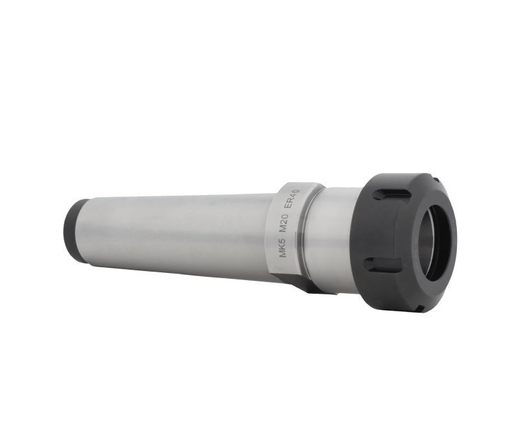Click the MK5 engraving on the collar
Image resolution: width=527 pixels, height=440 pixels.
pos(282,248)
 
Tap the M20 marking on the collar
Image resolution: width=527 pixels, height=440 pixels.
pos(286,224)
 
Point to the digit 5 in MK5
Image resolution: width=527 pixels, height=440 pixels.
pos(282,241)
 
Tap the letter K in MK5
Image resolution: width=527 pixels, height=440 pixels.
pos(282,248)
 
